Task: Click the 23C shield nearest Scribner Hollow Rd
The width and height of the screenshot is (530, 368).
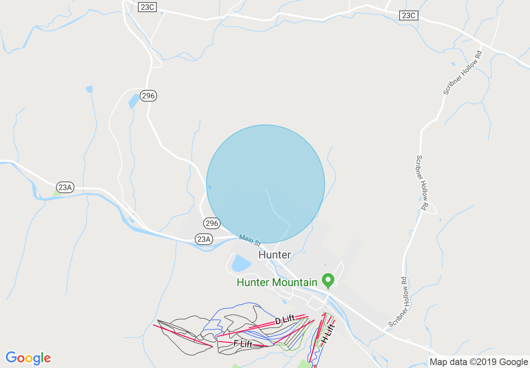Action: click(x=408, y=15)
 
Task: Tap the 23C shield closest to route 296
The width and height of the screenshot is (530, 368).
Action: click(x=147, y=7)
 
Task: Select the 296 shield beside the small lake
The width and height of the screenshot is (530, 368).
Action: click(x=148, y=96)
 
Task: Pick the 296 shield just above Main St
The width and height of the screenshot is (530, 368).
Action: click(x=212, y=223)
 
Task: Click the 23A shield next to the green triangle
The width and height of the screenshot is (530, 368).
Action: click(x=65, y=187)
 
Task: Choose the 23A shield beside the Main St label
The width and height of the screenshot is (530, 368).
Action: click(x=204, y=239)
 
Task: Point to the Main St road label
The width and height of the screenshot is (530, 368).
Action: click(x=250, y=240)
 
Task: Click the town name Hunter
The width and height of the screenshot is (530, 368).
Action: click(x=275, y=255)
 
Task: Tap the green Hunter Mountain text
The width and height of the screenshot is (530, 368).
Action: click(x=277, y=282)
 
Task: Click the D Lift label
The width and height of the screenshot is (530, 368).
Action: click(x=285, y=320)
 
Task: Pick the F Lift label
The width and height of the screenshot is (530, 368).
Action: click(x=243, y=344)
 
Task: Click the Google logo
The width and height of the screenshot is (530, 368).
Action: click(x=28, y=358)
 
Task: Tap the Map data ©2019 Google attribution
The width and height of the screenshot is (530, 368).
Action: click(x=479, y=362)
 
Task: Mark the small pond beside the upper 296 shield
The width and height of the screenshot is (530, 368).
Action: click(x=134, y=101)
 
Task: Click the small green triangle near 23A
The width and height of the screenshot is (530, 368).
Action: click(x=56, y=192)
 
